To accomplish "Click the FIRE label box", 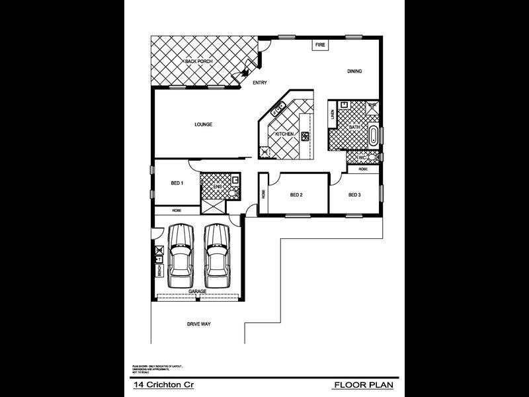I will point(320,45).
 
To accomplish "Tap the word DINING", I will point(355,71).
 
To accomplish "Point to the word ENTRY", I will point(260,83).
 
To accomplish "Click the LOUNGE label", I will point(203,124).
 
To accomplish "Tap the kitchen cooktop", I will point(305,136).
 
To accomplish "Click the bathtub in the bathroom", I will point(373,136).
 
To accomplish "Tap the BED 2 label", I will point(296,195).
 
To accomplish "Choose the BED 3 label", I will point(354,195).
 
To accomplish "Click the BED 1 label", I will point(177,183).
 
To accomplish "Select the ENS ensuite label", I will point(217,187).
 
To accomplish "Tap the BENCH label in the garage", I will point(159,270).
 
